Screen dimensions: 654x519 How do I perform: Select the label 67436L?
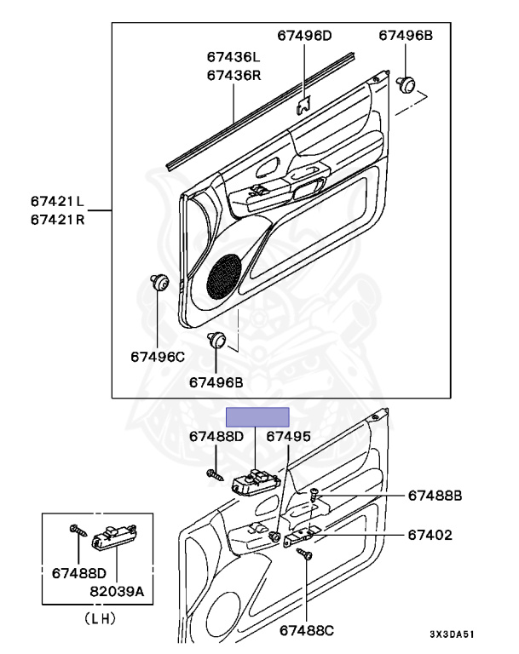pyautogui.click(x=233, y=58)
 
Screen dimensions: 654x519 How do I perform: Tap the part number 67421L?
pyautogui.click(x=57, y=202)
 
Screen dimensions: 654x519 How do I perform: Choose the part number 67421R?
pyautogui.click(x=57, y=219)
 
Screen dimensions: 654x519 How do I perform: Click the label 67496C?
pyautogui.click(x=158, y=356)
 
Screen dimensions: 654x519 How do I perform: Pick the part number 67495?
pyautogui.click(x=288, y=436)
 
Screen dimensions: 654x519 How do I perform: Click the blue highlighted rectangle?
pyautogui.click(x=257, y=416)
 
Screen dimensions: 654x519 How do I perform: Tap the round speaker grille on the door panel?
pyautogui.click(x=222, y=277)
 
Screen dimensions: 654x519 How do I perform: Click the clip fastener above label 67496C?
pyautogui.click(x=159, y=283)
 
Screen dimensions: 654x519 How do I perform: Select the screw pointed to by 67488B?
pyautogui.click(x=314, y=493)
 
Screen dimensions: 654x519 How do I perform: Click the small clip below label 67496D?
pyautogui.click(x=303, y=106)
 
